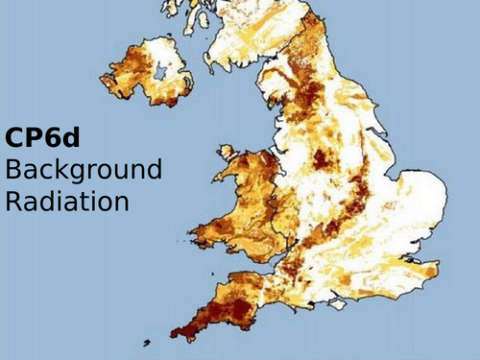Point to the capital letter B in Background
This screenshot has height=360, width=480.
click(13, 171)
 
